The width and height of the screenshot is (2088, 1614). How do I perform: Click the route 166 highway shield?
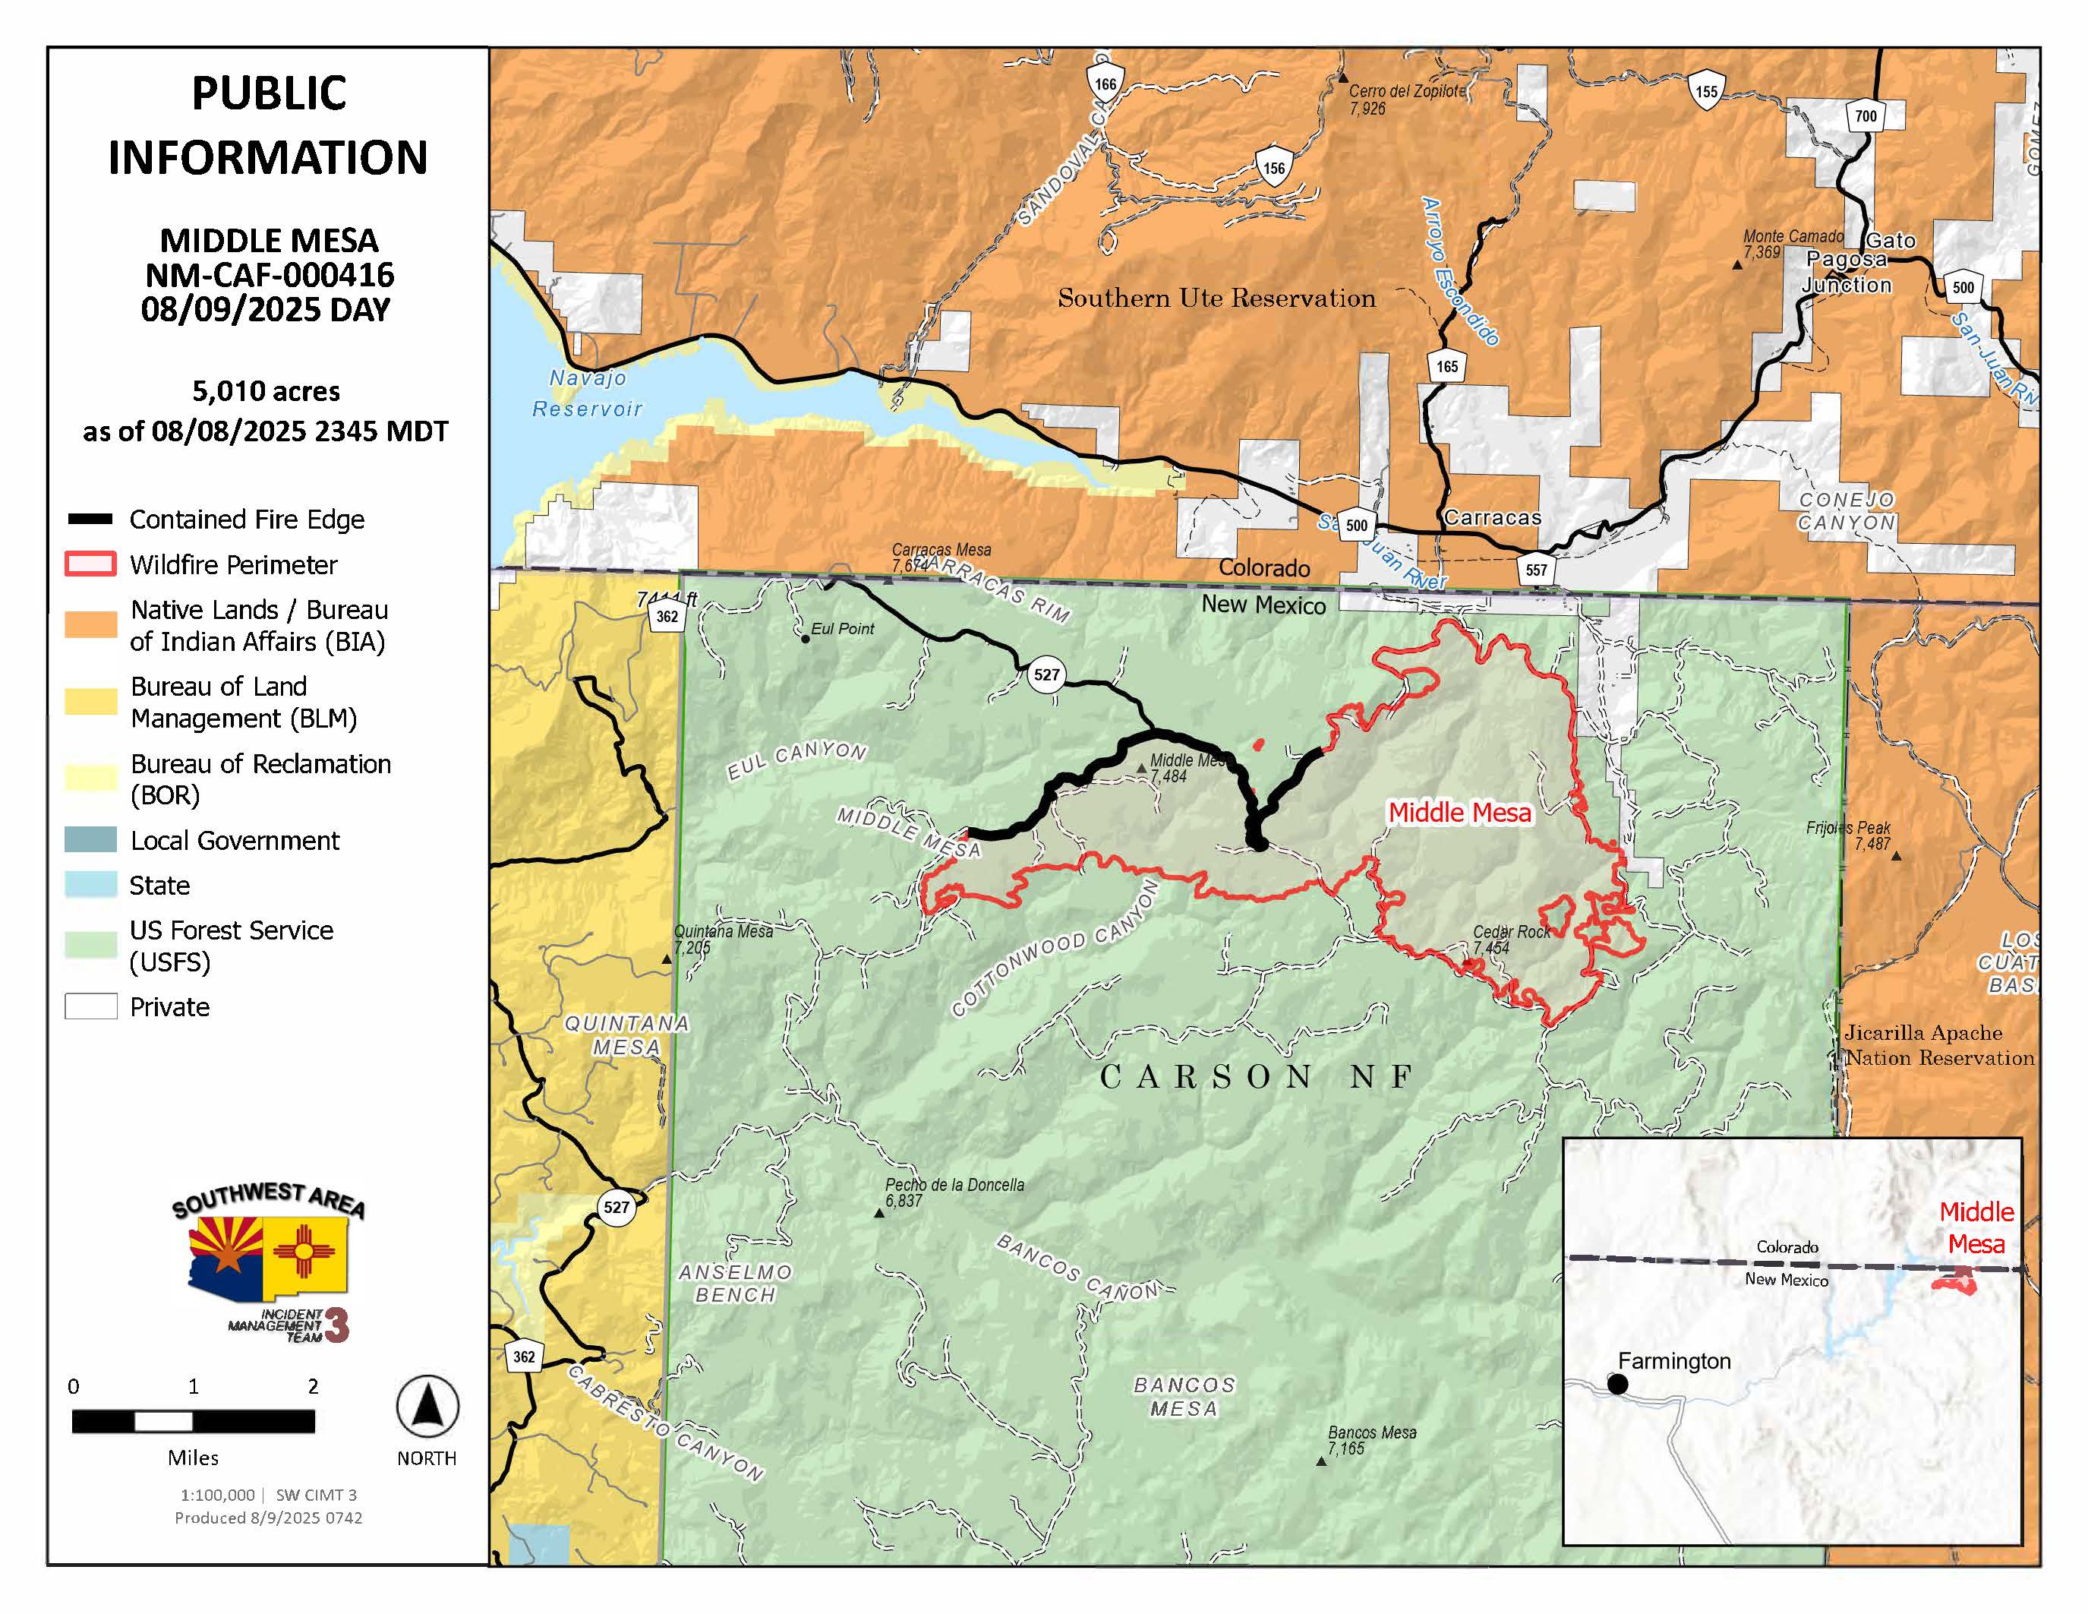coord(1106,84)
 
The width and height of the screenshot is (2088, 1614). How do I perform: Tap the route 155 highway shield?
coord(1705,91)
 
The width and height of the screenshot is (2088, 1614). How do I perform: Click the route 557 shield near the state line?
coord(1535,570)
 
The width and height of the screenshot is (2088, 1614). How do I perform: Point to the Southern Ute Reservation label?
coord(1216,298)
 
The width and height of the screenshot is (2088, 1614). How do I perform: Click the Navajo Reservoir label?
coord(587,393)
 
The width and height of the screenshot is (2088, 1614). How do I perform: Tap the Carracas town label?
coord(1493,517)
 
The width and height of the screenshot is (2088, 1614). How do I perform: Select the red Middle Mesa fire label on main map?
coord(1459,813)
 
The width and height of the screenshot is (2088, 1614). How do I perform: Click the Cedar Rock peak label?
coord(1510,932)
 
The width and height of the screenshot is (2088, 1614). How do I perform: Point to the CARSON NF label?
coord(1255,1078)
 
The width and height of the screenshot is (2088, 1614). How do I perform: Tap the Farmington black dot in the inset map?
coord(1617,1384)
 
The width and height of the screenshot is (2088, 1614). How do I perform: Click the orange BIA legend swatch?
coord(91,624)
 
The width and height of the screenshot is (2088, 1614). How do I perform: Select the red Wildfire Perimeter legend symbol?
coord(91,564)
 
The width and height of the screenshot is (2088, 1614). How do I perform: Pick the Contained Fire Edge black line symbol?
coord(91,520)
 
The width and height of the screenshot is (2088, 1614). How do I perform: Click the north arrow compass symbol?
coord(427,1407)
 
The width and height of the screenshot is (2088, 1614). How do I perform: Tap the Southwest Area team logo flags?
coord(268,1252)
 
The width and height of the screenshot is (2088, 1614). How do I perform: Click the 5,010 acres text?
coord(266,391)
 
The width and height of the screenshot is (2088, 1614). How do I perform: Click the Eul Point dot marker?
coord(805,639)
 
